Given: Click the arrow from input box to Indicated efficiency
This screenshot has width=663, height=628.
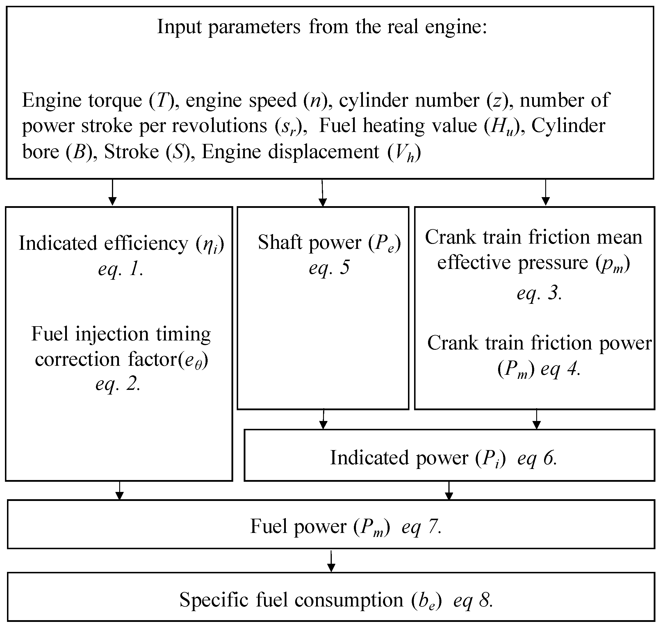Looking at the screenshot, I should [113, 192].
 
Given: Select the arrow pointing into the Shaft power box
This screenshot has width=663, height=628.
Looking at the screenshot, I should [322, 193].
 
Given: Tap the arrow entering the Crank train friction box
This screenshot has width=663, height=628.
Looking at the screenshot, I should [546, 192].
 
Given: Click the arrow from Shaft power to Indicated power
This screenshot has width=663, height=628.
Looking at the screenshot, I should [323, 419].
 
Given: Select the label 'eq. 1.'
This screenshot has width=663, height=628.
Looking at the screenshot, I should [121, 268].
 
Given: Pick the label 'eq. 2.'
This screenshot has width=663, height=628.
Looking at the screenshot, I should [118, 383].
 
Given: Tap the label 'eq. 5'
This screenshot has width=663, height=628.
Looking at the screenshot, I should [329, 267].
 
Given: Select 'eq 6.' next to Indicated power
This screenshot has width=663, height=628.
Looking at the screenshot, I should [537, 458].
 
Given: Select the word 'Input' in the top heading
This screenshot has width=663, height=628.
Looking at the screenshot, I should [179, 26].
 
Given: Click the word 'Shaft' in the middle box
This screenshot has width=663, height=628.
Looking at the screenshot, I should [280, 242].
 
